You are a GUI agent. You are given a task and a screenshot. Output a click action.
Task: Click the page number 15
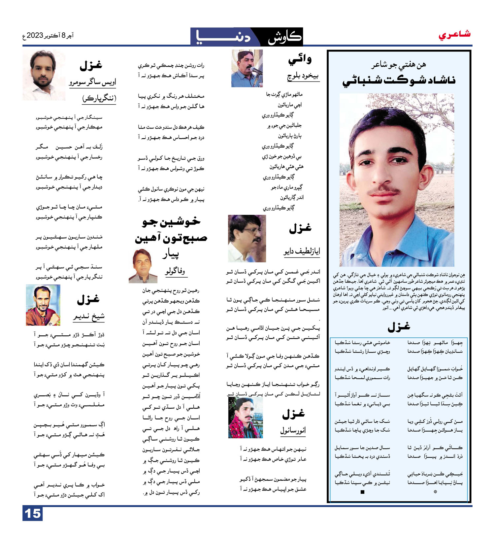point(33,514)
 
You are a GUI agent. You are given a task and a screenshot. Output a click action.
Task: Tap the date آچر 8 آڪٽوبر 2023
point(48,36)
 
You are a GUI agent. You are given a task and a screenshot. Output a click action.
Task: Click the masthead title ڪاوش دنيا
point(247,37)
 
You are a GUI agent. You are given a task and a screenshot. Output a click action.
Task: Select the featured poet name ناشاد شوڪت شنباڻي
point(399,81)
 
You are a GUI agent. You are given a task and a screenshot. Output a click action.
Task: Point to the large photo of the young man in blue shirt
point(397,180)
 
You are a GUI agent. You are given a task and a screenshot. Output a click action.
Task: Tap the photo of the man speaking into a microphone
point(247,68)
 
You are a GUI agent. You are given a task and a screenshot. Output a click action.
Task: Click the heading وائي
point(300,60)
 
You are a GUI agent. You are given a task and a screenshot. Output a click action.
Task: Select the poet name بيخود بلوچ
point(303,77)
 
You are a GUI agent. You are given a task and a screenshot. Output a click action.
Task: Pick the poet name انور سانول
point(293,430)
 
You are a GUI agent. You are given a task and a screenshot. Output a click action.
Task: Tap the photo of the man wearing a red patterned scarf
point(245,418)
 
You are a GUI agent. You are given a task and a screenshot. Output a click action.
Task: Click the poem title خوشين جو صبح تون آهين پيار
point(171,237)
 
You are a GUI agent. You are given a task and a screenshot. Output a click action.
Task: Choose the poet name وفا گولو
point(175,271)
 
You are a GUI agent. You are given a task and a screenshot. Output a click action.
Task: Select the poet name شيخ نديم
point(89,317)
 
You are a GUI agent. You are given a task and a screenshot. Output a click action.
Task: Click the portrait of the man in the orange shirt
point(43,305)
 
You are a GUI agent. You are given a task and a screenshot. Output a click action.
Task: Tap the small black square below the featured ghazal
point(362,492)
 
